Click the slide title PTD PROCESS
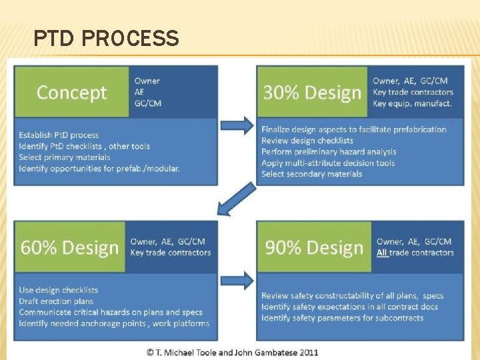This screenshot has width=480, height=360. coord(106,39)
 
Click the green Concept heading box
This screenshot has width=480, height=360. coord(71,92)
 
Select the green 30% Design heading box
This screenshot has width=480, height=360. coord(312,92)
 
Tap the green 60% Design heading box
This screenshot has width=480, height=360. coord(69,247)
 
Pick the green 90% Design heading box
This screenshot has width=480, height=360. coord(314,247)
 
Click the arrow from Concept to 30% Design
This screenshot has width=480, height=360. coord(237,125)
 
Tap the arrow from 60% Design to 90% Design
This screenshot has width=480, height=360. coord(237,280)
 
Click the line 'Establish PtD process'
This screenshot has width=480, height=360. coord(59,135)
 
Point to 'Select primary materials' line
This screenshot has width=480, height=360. coord(65,157)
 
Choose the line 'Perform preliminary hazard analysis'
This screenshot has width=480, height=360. coord(329,152)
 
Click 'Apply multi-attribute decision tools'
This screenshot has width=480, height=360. coord(328,163)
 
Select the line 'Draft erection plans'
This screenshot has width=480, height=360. coord(56,301)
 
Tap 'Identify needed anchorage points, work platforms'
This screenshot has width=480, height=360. coord(114,323)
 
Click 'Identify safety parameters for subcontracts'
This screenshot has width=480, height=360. coord(342,318)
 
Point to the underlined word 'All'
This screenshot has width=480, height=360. coord(382,253)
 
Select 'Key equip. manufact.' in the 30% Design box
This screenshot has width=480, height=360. coord(412,103)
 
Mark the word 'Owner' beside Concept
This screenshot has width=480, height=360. coord(147,81)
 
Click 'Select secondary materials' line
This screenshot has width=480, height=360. coord(311,174)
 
